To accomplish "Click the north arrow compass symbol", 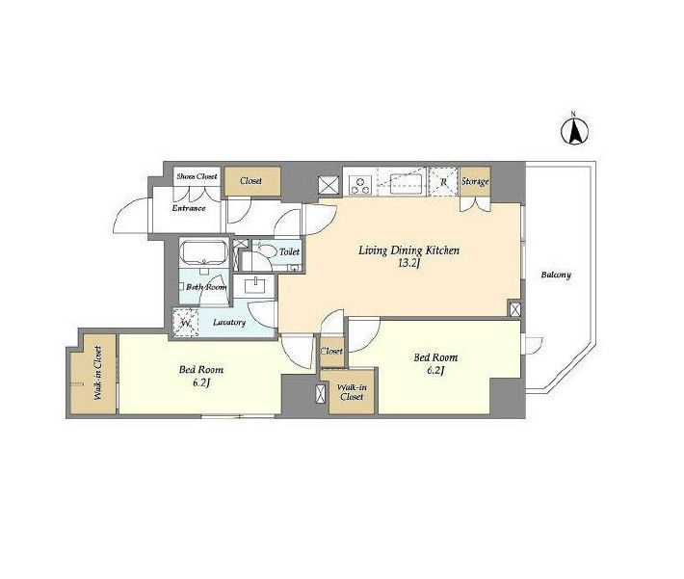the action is pos(574,129).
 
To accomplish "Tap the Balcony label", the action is pos(556,275).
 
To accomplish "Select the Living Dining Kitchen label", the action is pos(408,250).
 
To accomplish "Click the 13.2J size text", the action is pos(408,263).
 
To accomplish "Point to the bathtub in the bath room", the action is pos(203,252).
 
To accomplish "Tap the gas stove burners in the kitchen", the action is pos(360,185).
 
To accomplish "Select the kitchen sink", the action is pos(406,183).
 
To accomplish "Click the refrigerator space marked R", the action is pos(443,181).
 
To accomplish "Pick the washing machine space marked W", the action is pos(186,323).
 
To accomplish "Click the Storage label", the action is pos(475,181).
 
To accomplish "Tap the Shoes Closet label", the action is pos(197,176).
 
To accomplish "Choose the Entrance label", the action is pos(189,208).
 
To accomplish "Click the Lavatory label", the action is pos(229,323).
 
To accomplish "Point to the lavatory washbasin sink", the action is pos(254,286).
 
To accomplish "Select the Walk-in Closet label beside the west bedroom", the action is pos(97,373).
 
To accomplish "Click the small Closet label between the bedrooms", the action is pos(331,351).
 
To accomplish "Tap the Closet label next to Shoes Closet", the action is pos(250,181).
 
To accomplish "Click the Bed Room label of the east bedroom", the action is pos(435,357).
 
